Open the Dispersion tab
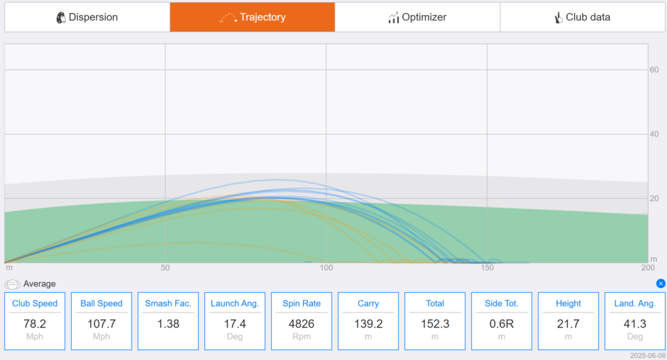point(87,17)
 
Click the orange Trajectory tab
point(252,17)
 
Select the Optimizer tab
point(418,17)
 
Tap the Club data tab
point(583,17)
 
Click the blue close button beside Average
point(660,283)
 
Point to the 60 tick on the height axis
point(654,70)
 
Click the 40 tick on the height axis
point(654,134)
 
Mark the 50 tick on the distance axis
point(165,268)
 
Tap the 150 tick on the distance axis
point(487,268)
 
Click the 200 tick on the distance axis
point(648,268)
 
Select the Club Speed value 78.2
point(35,324)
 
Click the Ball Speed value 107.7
point(101,324)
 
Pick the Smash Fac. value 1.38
point(168,324)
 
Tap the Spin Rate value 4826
point(302,324)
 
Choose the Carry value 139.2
point(369,324)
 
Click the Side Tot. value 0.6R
point(502,324)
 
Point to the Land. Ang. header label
point(634,303)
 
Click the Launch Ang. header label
point(234,303)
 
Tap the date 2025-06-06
point(648,355)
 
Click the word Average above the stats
point(40,284)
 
